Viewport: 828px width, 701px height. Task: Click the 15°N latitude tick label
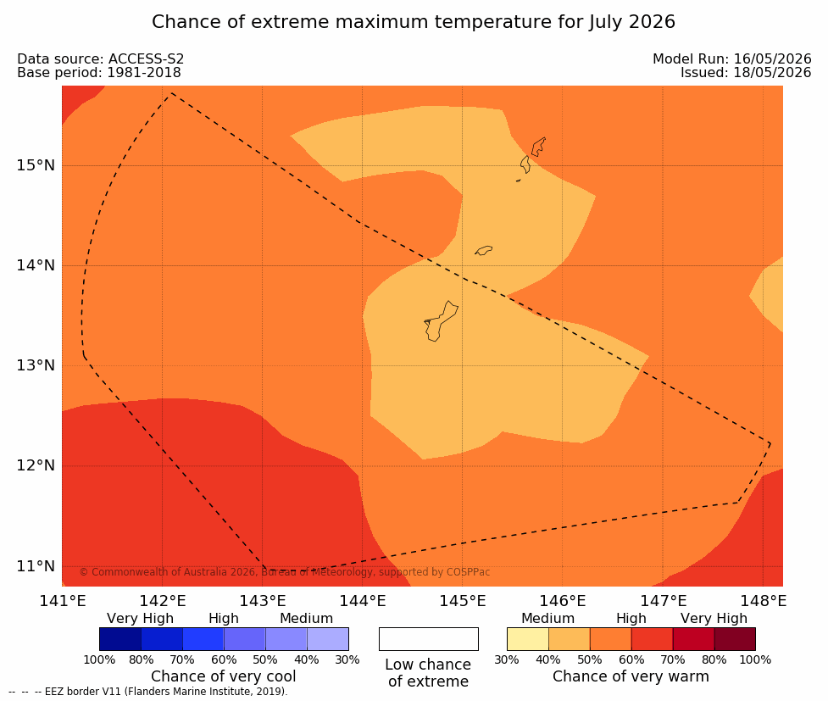(x=36, y=165)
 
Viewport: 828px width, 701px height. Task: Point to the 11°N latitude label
(x=36, y=566)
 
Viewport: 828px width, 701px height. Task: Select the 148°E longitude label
(x=764, y=601)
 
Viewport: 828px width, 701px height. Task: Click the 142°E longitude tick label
(x=163, y=601)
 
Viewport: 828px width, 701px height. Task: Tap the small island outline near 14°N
(x=484, y=250)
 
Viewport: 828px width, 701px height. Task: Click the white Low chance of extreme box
(x=428, y=639)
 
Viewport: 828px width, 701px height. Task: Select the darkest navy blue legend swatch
(x=120, y=639)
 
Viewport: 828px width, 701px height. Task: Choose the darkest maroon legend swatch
(x=735, y=639)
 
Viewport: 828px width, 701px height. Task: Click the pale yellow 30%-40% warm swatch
(x=527, y=639)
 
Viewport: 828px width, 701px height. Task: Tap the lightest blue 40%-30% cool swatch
(x=327, y=639)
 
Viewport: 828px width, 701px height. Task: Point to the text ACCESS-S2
(x=147, y=58)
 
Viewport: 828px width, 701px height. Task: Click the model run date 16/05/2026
(x=773, y=58)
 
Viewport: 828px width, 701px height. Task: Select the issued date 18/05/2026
(x=773, y=72)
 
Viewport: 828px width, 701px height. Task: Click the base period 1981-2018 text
(x=144, y=72)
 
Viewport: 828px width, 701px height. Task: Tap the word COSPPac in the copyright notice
(x=469, y=572)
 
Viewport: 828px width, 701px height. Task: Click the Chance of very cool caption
(x=224, y=676)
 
